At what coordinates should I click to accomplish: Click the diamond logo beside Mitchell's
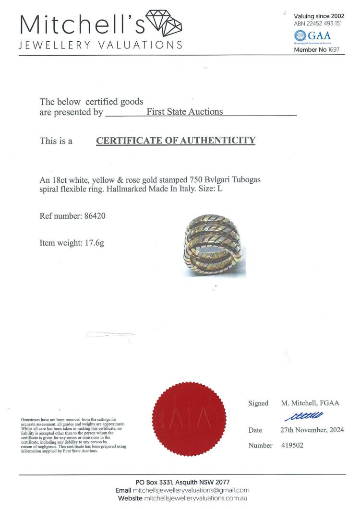[164, 24]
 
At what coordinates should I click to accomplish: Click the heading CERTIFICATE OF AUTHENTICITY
[176, 141]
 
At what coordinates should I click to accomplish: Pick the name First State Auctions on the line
[185, 112]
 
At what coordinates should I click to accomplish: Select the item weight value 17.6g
[95, 243]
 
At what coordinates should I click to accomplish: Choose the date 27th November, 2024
[312, 430]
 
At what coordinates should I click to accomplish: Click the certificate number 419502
[292, 446]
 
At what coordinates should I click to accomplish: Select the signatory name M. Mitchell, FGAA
[310, 403]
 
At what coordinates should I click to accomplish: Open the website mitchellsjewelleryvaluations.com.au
[196, 498]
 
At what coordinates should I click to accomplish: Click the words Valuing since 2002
[319, 16]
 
